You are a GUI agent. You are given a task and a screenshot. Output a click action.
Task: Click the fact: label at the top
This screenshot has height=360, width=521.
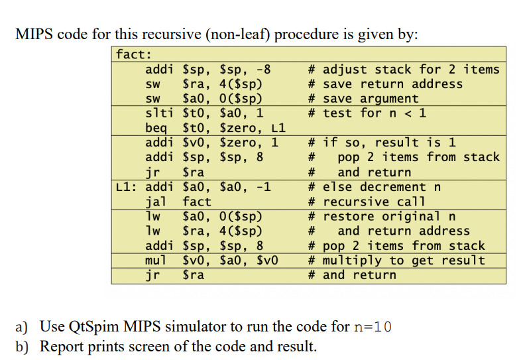(134, 54)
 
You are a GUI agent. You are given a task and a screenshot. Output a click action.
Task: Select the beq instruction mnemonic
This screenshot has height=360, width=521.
(156, 128)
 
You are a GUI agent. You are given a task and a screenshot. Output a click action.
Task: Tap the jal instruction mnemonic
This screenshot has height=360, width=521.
(156, 202)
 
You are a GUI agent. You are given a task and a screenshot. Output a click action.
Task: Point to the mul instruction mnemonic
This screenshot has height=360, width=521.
(156, 261)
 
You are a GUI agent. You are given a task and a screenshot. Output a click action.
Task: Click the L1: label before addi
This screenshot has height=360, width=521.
(126, 187)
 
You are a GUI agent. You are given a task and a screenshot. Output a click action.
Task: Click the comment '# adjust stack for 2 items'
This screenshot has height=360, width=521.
(404, 70)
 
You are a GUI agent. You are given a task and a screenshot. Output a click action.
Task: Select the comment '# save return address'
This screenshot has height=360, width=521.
(385, 84)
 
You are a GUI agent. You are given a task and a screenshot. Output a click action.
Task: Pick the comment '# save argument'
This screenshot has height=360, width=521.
(363, 99)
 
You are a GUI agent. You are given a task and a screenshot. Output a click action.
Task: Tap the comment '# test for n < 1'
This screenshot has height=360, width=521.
(367, 113)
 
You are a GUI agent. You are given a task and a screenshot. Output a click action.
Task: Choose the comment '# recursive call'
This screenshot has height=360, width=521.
(367, 202)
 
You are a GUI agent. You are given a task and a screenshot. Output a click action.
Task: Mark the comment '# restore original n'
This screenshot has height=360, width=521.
(382, 216)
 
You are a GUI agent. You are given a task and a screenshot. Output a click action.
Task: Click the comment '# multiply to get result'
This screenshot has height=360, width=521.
(396, 261)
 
